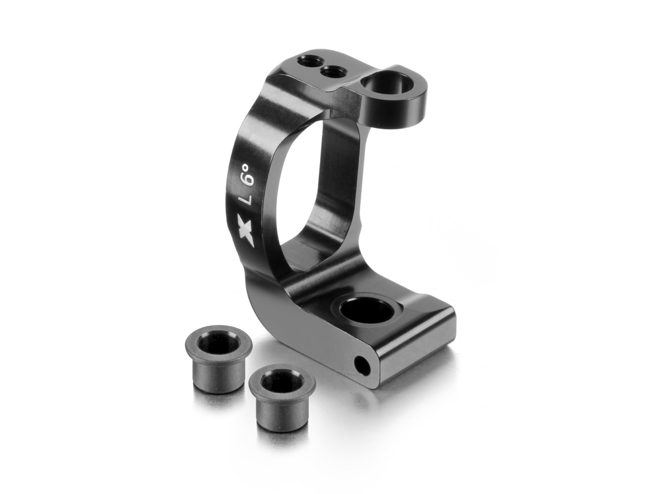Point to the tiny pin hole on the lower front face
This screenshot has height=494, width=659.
click(x=363, y=367)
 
